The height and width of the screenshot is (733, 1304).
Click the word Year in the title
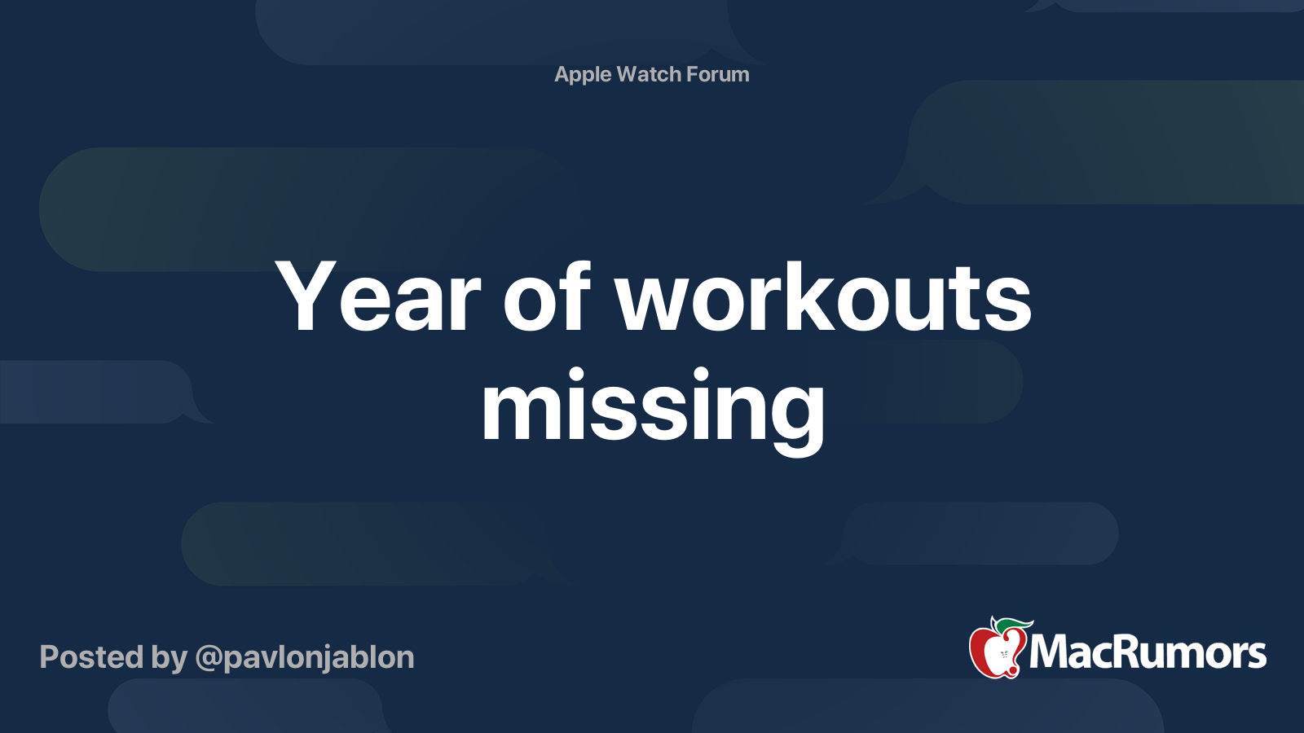379,297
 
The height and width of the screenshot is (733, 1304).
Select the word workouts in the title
823,297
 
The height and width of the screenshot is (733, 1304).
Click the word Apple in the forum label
583,74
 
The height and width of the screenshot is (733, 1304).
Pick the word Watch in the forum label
649,74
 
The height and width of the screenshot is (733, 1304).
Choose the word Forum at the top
717,74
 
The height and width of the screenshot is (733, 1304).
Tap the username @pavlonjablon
304,658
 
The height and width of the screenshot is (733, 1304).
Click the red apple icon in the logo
994,652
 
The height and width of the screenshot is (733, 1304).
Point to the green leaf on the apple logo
1015,625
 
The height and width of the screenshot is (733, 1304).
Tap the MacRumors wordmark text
1148,653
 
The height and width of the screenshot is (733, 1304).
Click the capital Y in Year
306,297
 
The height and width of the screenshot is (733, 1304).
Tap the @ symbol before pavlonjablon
208,658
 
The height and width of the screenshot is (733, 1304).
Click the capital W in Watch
628,74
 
